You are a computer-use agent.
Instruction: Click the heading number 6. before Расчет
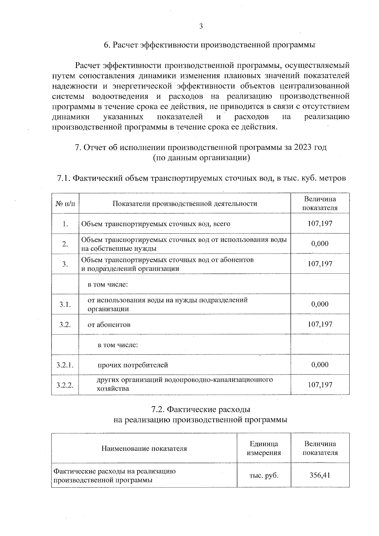(x=107, y=45)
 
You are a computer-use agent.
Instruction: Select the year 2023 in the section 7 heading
(x=304, y=148)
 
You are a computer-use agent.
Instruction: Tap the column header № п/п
(x=65, y=203)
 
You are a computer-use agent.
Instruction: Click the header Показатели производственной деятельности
(x=185, y=203)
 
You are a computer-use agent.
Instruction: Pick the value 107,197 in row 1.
(x=320, y=224)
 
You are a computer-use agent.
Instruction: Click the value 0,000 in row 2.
(x=320, y=244)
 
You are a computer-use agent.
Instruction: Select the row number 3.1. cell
(x=65, y=304)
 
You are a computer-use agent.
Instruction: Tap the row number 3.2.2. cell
(x=65, y=385)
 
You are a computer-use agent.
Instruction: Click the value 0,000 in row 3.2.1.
(x=320, y=365)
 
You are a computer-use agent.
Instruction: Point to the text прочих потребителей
(x=133, y=365)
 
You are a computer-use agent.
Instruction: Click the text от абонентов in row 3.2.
(x=109, y=325)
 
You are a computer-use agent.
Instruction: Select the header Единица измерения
(x=264, y=448)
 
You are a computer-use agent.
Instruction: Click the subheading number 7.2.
(x=158, y=410)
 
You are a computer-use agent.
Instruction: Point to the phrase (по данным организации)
(x=201, y=158)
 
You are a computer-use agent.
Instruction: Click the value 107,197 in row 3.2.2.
(x=320, y=385)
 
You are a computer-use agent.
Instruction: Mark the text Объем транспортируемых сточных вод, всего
(x=156, y=224)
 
